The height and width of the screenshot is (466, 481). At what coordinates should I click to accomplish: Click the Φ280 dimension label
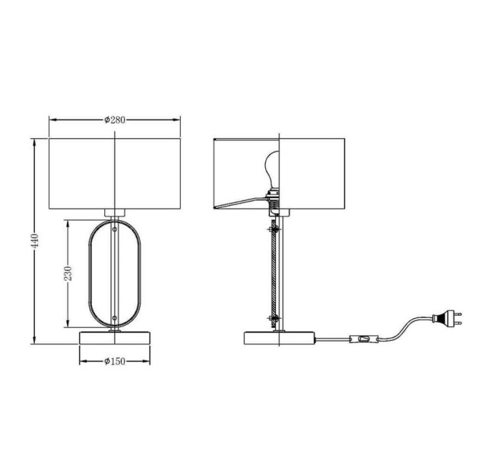tap(115, 120)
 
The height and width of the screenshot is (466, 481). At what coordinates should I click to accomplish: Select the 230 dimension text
tap(68, 273)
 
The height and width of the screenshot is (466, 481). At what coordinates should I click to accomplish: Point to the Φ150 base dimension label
tap(115, 361)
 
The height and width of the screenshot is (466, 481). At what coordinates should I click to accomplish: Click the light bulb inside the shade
tap(272, 169)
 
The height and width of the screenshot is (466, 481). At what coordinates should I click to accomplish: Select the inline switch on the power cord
tap(364, 339)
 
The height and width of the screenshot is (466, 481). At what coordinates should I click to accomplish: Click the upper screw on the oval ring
tap(115, 229)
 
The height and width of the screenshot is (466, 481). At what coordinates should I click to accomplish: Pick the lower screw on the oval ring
tap(115, 318)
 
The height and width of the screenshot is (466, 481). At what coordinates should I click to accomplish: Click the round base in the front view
tap(115, 338)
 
